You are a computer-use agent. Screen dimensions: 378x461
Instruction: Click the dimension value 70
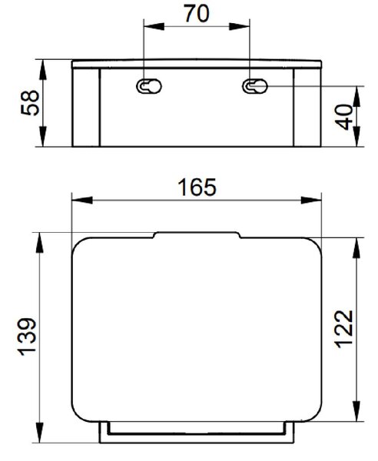click(197, 13)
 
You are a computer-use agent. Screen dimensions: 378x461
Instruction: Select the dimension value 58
click(30, 103)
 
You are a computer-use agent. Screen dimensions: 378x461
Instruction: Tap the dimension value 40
click(344, 117)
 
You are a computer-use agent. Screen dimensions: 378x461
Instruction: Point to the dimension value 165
click(197, 187)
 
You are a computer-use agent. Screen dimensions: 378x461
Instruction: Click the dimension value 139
click(28, 337)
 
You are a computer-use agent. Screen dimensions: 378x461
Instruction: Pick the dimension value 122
click(344, 329)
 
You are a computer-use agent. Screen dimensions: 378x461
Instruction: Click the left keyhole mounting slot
click(149, 86)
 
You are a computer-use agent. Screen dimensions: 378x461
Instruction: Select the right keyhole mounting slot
click(255, 86)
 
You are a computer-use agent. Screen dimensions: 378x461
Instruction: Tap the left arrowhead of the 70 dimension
click(154, 26)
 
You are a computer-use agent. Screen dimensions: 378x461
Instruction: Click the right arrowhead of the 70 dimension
click(240, 26)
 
